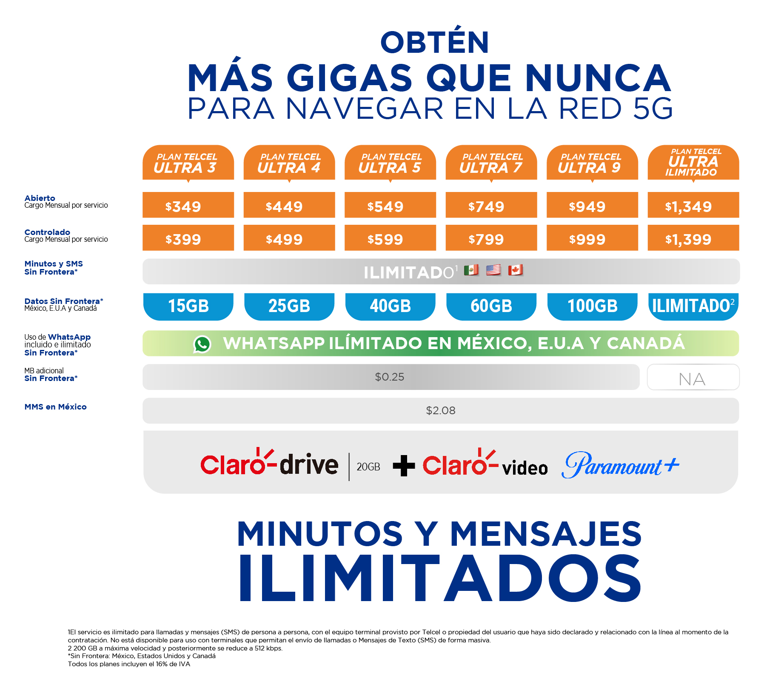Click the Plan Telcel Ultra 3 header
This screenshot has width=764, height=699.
[x=188, y=163]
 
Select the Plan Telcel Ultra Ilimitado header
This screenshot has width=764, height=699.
[x=693, y=163]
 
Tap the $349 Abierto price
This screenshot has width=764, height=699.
[x=188, y=206]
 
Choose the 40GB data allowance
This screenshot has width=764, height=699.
[x=390, y=306]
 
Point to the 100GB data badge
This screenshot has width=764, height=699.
[x=592, y=306]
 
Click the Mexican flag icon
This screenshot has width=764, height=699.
[x=471, y=270]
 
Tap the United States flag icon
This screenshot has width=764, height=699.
[x=493, y=270]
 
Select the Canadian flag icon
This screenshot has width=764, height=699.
[x=516, y=270]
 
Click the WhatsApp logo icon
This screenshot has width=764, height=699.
[x=202, y=344]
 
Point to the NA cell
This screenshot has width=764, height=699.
[x=693, y=378]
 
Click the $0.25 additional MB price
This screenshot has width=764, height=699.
[x=390, y=377]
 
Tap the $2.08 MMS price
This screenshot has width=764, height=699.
[x=441, y=411]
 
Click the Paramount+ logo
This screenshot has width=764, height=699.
[x=620, y=465]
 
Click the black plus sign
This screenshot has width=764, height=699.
[x=404, y=466]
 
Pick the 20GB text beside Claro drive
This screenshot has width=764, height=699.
[x=368, y=467]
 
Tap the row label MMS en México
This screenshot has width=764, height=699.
[x=55, y=407]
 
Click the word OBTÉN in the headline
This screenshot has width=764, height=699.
[x=435, y=43]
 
